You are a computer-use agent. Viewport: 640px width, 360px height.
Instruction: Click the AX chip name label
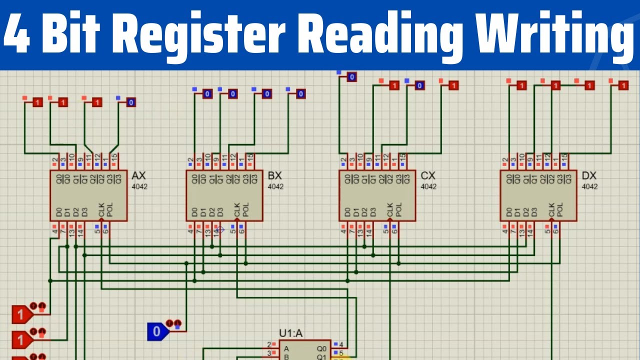click(138, 176)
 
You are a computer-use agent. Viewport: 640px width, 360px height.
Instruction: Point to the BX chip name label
click(275, 176)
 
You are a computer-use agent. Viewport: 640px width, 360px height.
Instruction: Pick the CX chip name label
click(428, 176)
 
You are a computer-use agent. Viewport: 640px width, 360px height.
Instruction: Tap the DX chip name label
click(589, 176)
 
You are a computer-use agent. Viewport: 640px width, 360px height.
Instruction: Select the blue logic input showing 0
click(156, 331)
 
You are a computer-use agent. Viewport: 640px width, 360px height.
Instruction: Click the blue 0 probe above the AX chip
click(130, 102)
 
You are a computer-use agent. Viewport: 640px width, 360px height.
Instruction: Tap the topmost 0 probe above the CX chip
click(351, 77)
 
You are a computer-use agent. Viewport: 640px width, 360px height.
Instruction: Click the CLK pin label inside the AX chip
click(101, 210)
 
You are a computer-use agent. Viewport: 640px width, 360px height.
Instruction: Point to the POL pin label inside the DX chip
click(560, 210)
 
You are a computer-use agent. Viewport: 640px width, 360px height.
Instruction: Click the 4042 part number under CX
click(428, 187)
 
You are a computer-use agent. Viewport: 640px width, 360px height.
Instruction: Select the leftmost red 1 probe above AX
click(37, 102)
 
